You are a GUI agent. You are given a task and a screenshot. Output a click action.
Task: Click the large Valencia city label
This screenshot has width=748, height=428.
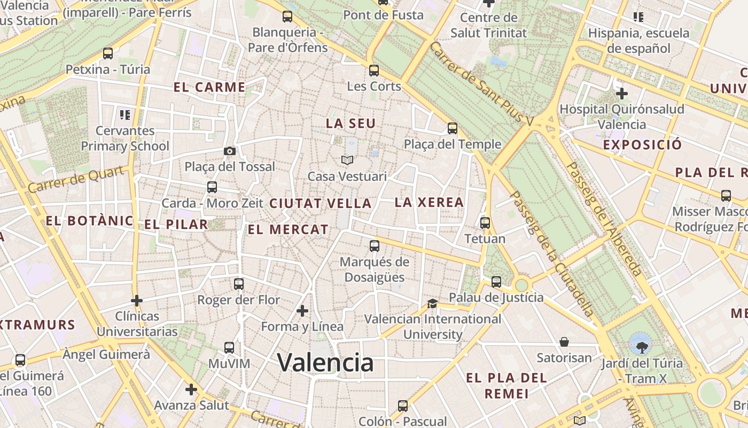click(x=325, y=363)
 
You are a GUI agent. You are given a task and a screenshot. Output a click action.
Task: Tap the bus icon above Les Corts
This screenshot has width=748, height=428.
click(x=374, y=70)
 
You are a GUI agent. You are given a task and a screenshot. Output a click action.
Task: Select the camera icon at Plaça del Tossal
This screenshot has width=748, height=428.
click(x=230, y=151)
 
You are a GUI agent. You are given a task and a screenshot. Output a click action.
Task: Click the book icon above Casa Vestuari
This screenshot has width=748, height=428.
click(x=347, y=160)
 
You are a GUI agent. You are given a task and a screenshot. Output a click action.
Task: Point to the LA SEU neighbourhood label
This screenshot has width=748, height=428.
click(x=351, y=123)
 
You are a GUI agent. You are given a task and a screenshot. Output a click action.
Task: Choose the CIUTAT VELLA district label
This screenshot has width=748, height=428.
click(x=321, y=203)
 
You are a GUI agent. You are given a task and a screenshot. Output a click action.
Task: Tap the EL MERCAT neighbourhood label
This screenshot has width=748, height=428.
click(x=288, y=230)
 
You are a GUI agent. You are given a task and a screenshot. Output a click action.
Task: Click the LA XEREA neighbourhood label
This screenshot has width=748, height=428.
click(x=429, y=202)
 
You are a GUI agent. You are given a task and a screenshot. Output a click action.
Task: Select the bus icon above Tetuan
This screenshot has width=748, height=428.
click(x=485, y=223)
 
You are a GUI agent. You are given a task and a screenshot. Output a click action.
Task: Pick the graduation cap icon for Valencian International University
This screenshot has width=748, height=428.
click(x=432, y=304)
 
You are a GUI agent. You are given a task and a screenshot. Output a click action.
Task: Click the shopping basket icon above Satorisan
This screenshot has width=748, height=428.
click(x=564, y=342)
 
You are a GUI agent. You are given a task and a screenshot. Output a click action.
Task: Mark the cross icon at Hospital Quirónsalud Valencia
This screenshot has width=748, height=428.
click(x=621, y=94)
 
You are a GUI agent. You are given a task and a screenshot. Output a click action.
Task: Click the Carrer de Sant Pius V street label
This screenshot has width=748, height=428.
click(x=481, y=85)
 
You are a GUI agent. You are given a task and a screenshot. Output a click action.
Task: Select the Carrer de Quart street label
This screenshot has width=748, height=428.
click(x=79, y=179)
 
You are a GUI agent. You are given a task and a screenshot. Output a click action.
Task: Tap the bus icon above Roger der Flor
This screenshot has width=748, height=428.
click(x=239, y=284)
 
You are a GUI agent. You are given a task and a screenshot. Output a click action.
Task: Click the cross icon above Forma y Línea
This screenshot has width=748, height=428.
click(x=302, y=310)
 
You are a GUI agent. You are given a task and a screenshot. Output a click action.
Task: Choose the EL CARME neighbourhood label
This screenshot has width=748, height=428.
click(x=209, y=87)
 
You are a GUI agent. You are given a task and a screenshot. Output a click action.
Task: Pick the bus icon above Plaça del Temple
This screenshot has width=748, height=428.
click(x=453, y=128)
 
